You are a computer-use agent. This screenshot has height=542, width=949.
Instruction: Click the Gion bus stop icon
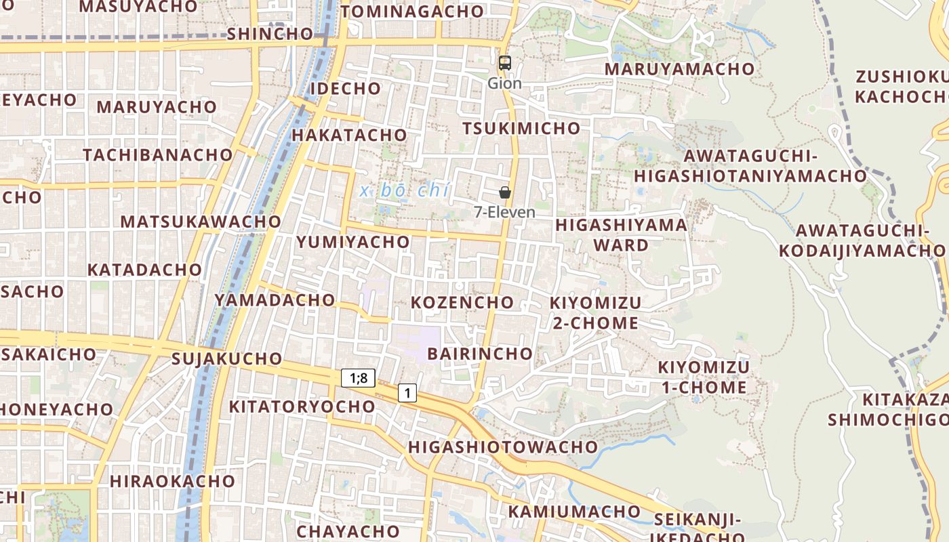504,63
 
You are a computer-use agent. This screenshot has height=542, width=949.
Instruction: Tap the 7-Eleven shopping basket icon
504,192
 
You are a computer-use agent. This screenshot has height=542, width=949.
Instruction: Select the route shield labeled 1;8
358,378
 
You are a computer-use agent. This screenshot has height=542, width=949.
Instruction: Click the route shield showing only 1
407,393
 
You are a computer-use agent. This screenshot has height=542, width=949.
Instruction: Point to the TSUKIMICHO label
521,129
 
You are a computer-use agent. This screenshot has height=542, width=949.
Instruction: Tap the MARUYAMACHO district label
679,69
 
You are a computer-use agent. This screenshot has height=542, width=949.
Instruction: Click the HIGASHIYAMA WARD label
621,234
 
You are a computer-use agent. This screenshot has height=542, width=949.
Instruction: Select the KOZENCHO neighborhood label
462,302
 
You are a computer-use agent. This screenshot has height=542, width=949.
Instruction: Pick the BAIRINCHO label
480,354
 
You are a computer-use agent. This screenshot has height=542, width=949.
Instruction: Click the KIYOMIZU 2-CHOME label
595,312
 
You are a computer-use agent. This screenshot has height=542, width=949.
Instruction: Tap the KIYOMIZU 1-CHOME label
704,377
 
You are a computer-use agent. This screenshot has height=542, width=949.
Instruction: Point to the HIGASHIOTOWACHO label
502,447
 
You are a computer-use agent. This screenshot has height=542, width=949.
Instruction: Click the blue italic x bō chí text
404,190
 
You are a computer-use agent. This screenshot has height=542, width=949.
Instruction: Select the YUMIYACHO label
352,242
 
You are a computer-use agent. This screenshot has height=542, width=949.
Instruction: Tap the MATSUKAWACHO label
201,222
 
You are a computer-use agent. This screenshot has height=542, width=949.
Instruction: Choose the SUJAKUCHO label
226,358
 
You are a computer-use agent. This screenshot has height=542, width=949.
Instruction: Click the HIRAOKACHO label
172,481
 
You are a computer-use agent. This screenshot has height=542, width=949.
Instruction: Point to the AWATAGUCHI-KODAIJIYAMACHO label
861,241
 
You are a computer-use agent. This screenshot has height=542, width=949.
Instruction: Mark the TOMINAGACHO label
411,12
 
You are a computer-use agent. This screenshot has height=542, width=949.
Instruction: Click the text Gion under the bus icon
504,83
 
